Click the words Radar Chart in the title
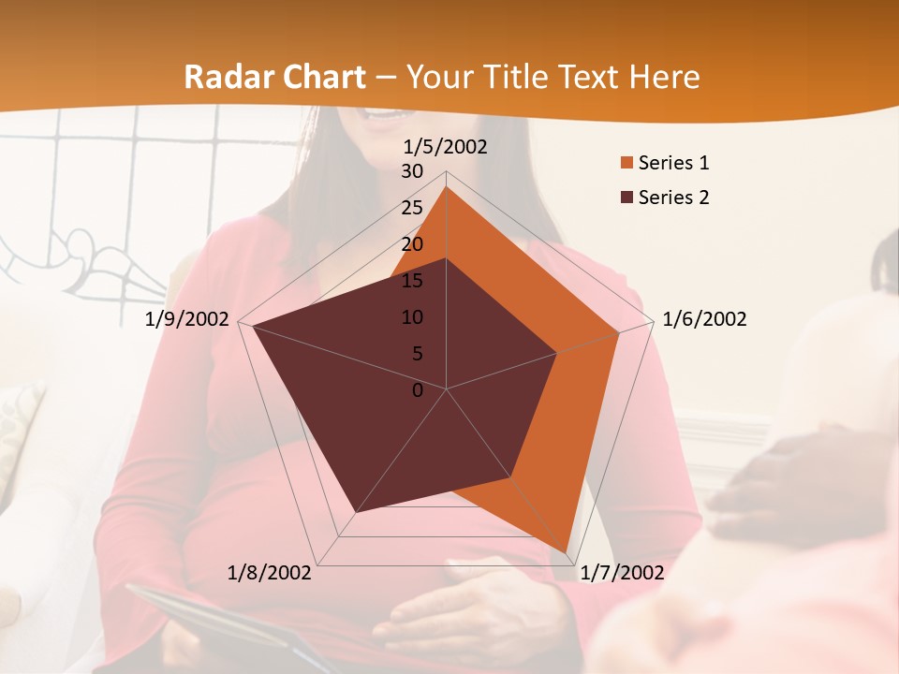pyautogui.click(x=274, y=77)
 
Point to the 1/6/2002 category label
pyautogui.click(x=704, y=319)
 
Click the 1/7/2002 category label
pyautogui.click(x=622, y=572)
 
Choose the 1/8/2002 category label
pyautogui.click(x=270, y=572)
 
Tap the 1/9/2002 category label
pyautogui.click(x=187, y=319)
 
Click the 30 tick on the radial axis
pyautogui.click(x=411, y=171)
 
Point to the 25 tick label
pyautogui.click(x=411, y=208)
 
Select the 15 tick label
pyautogui.click(x=411, y=281)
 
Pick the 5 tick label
pyautogui.click(x=417, y=354)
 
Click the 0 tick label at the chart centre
pyautogui.click(x=418, y=390)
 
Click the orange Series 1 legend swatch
pyautogui.click(x=626, y=164)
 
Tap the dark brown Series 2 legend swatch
pyautogui.click(x=626, y=198)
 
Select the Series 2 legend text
pyautogui.click(x=673, y=198)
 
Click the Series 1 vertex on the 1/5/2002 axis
pyautogui.click(x=447, y=186)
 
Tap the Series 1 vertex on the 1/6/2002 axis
pyautogui.click(x=619, y=332)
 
